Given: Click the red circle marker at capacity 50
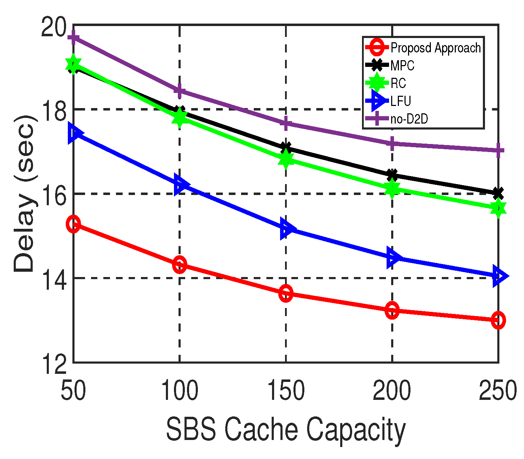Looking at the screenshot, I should point(73,224).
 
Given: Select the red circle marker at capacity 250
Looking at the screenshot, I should point(498,320).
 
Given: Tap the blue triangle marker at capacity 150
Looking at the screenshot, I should point(287,229).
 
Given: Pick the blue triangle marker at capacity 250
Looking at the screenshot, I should point(499,276).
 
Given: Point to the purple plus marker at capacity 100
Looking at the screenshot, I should point(180,91).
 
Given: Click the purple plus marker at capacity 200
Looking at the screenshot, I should point(392,144).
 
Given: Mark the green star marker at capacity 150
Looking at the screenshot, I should point(286,159).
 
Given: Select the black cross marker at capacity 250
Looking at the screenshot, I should point(498,193).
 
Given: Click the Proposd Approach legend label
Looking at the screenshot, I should point(435,48).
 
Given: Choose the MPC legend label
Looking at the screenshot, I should point(402,65).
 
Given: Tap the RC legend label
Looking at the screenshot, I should point(398,83).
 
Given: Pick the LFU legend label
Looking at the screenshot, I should point(401,101).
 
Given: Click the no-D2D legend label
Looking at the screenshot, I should point(409,119).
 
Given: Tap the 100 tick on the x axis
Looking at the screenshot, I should point(180,391).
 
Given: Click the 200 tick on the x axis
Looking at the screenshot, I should point(392,391).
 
